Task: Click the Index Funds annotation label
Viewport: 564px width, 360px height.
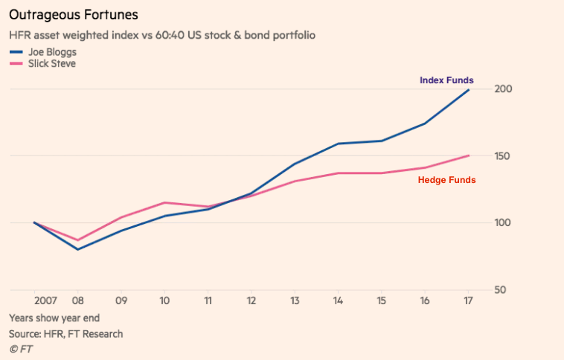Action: [446, 80]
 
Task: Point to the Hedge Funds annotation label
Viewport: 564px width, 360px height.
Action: [446, 180]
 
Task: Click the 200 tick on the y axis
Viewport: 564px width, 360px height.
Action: [503, 89]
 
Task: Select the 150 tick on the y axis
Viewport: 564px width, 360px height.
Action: [503, 156]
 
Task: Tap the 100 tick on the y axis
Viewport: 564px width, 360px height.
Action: [503, 223]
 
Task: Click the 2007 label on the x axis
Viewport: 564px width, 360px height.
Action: [45, 302]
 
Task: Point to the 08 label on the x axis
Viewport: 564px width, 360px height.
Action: [77, 302]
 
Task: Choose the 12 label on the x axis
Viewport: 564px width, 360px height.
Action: [251, 302]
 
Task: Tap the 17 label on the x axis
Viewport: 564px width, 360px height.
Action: [467, 302]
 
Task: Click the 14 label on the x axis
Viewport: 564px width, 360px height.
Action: [338, 302]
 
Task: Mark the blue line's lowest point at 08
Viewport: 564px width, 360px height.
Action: [77, 249]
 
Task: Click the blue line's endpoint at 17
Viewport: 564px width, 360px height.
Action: [468, 89]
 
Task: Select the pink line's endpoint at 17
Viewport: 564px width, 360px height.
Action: [468, 155]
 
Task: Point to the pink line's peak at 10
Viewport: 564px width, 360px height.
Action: [164, 202]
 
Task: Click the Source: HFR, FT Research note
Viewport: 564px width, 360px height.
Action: [65, 334]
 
